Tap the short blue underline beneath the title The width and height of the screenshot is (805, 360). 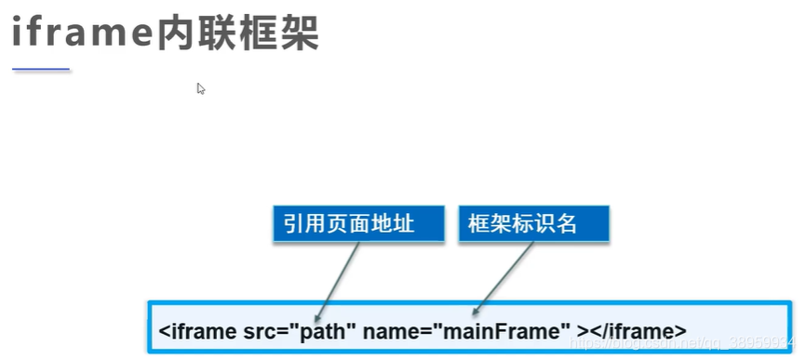41,69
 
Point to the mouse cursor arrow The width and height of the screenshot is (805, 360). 200,87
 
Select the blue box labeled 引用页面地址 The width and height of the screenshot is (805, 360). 349,223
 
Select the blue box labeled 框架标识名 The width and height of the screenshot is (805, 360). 533,223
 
